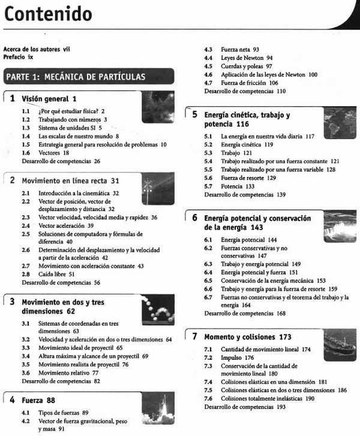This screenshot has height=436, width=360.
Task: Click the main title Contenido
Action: click(x=48, y=13)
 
